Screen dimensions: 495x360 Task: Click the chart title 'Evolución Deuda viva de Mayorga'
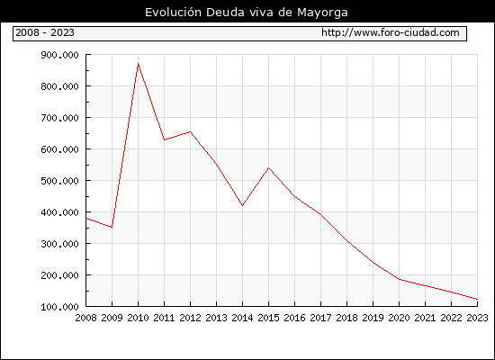coord(247,13)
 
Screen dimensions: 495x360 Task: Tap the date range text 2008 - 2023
coord(45,32)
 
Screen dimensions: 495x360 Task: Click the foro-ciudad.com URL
coord(391,32)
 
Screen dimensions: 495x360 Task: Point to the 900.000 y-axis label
coord(59,55)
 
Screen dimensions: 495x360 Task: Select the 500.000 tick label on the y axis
coord(59,181)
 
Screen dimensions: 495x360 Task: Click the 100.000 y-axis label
coord(59,307)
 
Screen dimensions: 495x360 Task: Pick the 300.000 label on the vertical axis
coord(59,244)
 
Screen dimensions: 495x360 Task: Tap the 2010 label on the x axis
coord(138,318)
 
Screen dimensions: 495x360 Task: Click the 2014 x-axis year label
coord(242,318)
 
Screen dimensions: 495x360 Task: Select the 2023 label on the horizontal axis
coord(477,318)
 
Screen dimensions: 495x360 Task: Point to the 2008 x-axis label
coord(85,318)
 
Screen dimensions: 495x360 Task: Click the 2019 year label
coord(373,318)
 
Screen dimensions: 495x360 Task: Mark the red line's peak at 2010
coord(138,64)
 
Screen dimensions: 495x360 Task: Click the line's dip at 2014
coord(242,205)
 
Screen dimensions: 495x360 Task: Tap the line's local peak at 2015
coord(269,167)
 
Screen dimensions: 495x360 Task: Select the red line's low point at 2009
coord(112,227)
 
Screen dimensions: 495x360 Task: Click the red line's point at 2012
coord(190,131)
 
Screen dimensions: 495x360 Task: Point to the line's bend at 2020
coord(399,279)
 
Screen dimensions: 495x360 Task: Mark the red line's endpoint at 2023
coord(477,299)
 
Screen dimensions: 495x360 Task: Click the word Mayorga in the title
coord(322,13)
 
